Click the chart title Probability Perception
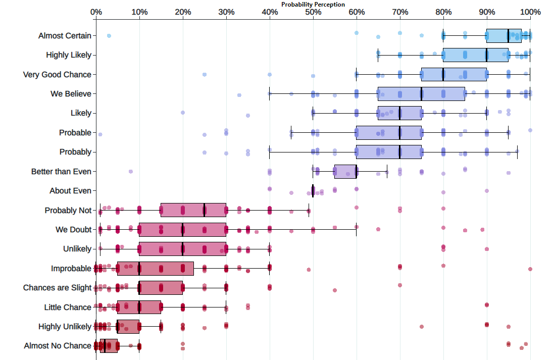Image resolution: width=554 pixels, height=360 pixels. click(313, 5)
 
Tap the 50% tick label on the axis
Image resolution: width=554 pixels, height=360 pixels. click(313, 12)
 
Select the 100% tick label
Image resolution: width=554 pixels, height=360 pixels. click(530, 12)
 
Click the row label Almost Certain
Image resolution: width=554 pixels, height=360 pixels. click(65, 36)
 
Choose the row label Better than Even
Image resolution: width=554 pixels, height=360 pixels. click(61, 172)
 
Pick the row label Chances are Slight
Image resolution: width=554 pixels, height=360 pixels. click(57, 288)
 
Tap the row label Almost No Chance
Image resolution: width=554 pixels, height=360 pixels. click(58, 346)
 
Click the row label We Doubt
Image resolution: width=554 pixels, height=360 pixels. click(73, 230)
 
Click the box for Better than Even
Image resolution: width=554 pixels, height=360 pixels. click(345, 172)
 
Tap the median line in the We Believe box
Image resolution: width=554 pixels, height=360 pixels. click(422, 94)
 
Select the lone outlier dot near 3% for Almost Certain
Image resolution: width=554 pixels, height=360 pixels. click(109, 36)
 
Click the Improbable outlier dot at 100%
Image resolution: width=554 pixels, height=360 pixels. click(530, 269)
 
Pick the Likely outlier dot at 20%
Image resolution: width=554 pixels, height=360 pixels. click(183, 113)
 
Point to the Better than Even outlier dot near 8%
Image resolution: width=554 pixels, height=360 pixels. click(131, 172)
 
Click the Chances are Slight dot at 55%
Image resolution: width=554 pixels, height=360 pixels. click(335, 290)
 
